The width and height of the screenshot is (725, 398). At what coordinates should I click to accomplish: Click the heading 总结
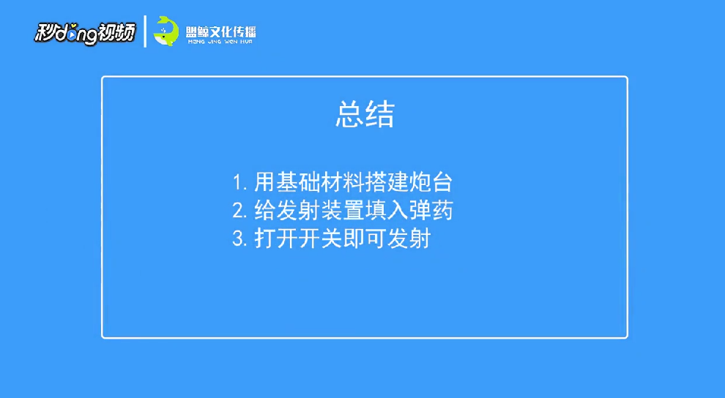(x=365, y=115)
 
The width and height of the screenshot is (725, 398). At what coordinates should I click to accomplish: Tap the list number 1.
(x=239, y=182)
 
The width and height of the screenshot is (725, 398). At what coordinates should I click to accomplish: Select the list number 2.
(x=239, y=211)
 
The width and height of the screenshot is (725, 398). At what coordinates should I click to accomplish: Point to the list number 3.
(x=239, y=239)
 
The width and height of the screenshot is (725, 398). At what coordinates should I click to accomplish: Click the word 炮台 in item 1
(x=431, y=182)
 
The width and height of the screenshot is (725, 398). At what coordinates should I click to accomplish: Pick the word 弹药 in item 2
(x=431, y=211)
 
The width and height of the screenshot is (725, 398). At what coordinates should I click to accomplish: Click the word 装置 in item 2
(x=343, y=211)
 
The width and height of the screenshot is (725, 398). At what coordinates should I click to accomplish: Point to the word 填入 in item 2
(x=387, y=211)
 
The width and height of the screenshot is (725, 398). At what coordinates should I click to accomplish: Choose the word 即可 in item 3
(x=365, y=239)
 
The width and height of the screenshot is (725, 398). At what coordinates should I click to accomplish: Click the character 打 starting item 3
(x=265, y=239)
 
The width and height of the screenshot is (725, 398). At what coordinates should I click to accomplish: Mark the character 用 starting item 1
(x=265, y=182)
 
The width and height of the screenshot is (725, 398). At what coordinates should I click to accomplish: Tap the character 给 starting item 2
(x=265, y=211)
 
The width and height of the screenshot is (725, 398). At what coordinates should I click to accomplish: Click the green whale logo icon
(x=166, y=31)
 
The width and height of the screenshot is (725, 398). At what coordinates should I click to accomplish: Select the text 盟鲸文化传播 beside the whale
(x=220, y=32)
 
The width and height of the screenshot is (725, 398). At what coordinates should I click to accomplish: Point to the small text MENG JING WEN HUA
(x=220, y=42)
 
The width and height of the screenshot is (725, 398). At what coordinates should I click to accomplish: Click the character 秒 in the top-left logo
(x=45, y=33)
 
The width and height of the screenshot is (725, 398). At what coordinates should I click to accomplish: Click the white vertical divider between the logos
(x=145, y=31)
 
